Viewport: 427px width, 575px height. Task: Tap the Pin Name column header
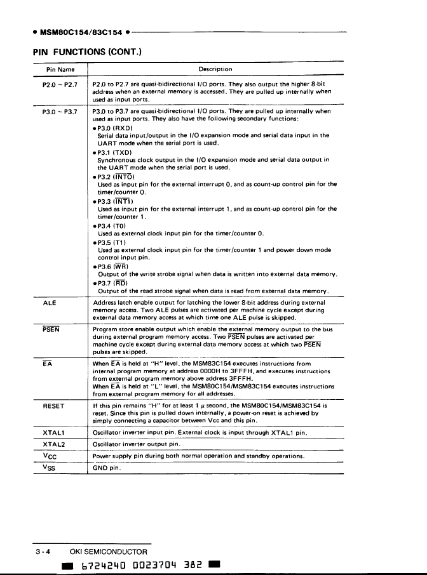(60, 69)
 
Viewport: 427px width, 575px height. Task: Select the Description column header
(215, 69)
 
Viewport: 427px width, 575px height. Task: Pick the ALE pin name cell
(50, 303)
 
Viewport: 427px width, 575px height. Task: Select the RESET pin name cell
(53, 406)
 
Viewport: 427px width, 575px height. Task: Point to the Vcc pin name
(49, 456)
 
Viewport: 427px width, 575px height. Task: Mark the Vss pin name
(49, 468)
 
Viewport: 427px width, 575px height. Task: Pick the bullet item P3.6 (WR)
(112, 267)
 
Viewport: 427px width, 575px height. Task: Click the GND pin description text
(105, 469)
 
